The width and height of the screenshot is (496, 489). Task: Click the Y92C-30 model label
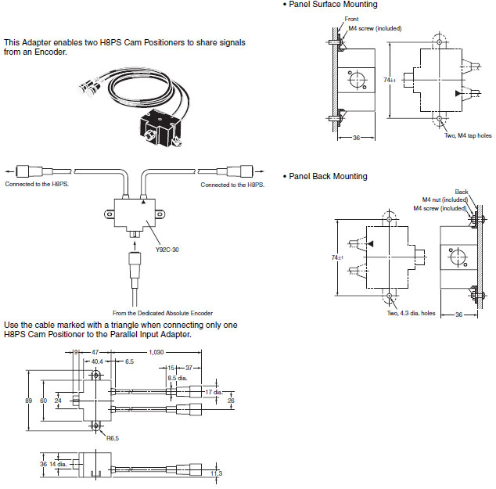167,250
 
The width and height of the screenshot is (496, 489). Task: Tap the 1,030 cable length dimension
156,352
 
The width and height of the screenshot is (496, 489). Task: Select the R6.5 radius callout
113,438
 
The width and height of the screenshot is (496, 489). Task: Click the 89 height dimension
28,401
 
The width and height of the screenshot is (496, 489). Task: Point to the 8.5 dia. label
178,378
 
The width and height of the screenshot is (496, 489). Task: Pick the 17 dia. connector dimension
214,392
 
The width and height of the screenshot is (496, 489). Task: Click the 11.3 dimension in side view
217,473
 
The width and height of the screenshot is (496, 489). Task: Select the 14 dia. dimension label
58,464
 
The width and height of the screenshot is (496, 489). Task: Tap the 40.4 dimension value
97,361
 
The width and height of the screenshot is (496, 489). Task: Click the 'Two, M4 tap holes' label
468,135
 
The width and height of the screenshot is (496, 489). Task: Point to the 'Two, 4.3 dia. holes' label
411,313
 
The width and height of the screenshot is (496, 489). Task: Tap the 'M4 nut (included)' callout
444,200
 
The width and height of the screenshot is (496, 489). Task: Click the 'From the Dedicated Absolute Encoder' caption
163,313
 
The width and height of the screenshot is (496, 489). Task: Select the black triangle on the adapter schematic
143,202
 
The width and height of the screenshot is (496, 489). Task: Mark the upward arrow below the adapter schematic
135,246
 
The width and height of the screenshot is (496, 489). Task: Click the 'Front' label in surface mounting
351,19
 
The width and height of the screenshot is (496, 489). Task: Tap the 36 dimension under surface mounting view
356,138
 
